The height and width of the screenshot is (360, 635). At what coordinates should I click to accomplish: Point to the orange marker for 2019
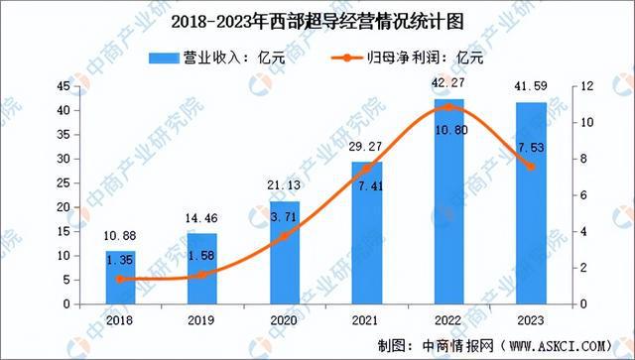[x=202, y=275]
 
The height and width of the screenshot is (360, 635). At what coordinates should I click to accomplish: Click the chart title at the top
[x=317, y=20]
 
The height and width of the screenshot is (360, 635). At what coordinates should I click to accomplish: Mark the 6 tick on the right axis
[x=583, y=195]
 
